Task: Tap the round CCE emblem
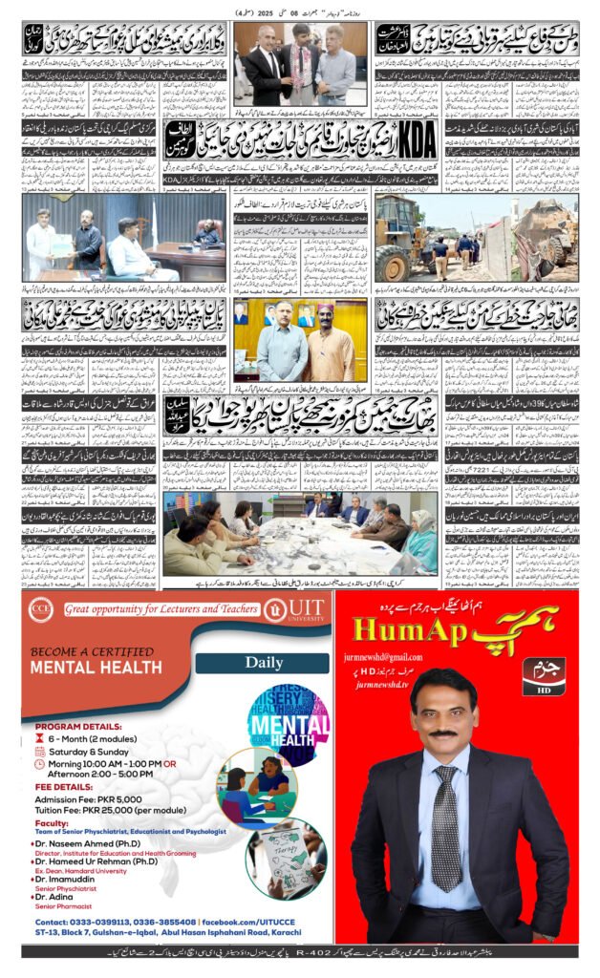pyautogui.click(x=42, y=608)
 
